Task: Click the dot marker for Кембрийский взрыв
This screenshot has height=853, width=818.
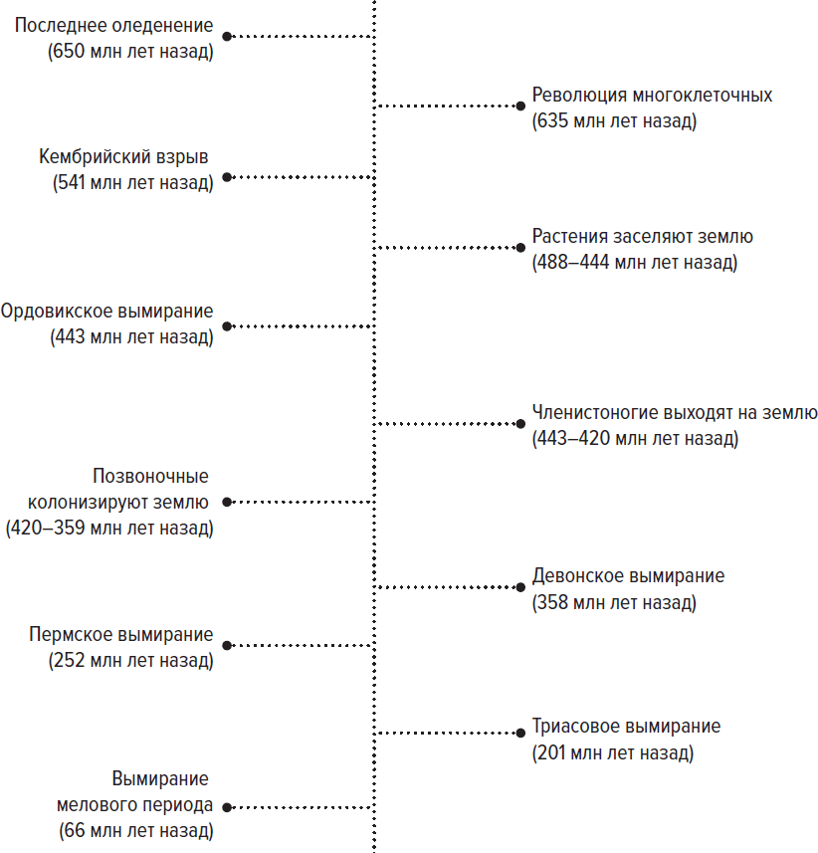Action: point(227,177)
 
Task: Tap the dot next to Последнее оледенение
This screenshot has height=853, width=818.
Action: point(227,37)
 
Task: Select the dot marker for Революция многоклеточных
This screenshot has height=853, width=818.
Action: point(520,107)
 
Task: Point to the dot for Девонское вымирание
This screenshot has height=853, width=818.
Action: point(520,587)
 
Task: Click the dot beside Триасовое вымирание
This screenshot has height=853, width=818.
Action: point(520,733)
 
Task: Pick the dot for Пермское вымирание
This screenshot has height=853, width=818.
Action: point(227,646)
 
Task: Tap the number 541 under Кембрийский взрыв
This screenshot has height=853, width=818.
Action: point(72,182)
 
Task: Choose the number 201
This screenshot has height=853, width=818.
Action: point(552,752)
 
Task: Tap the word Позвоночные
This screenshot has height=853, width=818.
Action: point(150,476)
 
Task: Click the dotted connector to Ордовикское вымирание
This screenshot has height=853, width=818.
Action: point(303,326)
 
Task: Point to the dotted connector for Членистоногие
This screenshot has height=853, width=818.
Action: point(446,424)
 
